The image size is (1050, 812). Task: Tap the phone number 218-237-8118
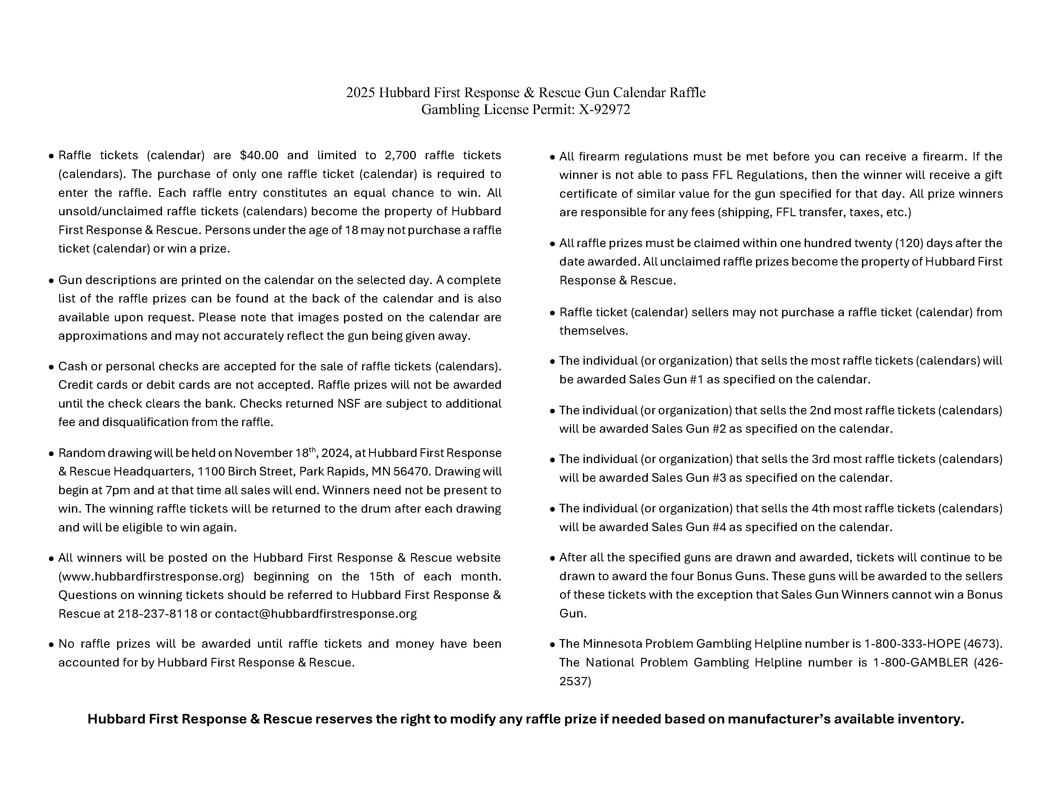point(157,614)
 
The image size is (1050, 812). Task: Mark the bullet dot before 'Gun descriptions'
point(52,281)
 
